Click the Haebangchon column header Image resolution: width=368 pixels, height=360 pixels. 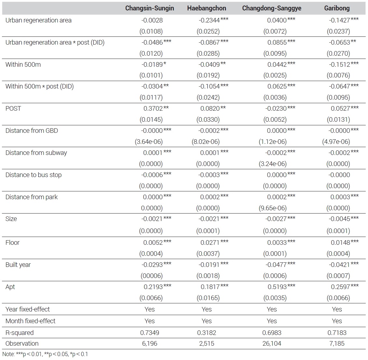tap(206, 8)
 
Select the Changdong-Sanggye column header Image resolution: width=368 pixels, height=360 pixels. tap(271, 8)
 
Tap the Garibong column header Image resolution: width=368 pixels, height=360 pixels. tap(337, 8)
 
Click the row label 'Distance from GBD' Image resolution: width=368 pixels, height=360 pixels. tap(32, 131)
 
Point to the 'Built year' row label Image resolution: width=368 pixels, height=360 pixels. tap(18, 265)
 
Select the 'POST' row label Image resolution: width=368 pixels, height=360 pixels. tap(13, 109)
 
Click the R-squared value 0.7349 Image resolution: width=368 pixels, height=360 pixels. tap(150, 333)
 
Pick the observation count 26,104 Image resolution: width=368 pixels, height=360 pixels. tap(272, 343)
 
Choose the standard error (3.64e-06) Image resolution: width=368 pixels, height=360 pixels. tap(149, 142)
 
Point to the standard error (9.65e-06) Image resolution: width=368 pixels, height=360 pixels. tap(272, 208)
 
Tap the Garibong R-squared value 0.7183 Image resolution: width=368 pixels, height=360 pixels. tap(337, 333)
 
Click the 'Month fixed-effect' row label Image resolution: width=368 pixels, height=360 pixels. tap(30, 321)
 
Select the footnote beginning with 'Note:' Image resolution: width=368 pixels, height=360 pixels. tap(45, 354)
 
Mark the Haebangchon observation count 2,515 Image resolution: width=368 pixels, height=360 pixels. tap(206, 343)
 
